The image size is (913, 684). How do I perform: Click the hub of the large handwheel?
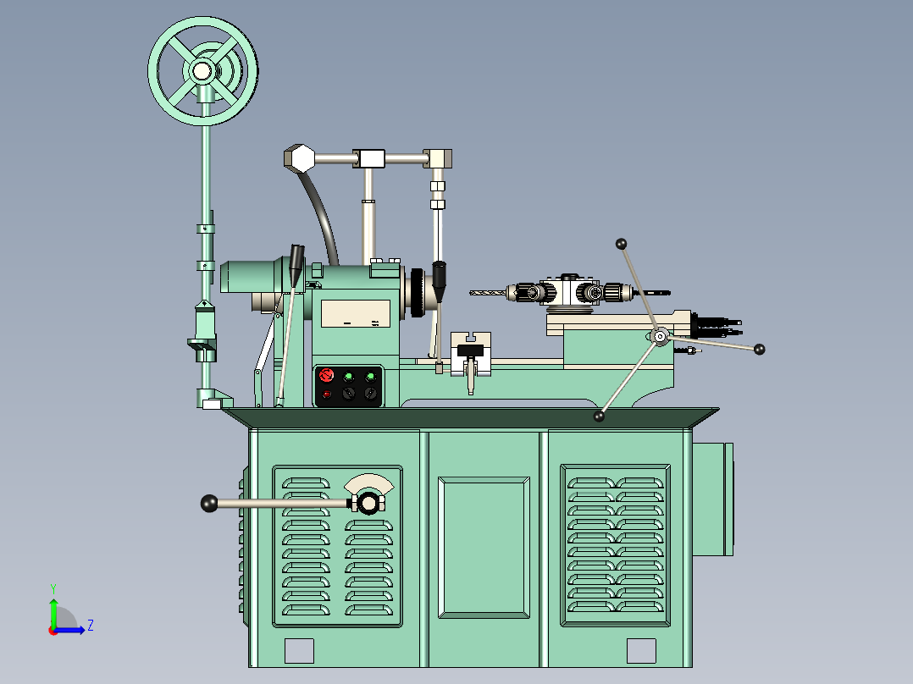point(202,71)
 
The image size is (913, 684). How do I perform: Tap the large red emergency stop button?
point(328,375)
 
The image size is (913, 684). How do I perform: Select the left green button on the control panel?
point(348,376)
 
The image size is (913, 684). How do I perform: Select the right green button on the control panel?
point(370,376)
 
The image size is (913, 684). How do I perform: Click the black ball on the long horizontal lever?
point(209,504)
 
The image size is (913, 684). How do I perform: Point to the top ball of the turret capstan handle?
point(621,244)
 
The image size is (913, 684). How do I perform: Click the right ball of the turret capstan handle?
point(759,349)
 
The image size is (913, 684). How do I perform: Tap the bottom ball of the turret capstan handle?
point(599,416)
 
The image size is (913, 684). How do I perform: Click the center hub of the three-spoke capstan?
point(660,337)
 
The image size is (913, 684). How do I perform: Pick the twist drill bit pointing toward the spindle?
point(488,293)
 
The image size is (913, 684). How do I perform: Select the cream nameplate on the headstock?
point(357,313)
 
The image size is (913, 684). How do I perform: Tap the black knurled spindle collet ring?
point(417,293)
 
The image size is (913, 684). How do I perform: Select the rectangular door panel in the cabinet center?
point(484,548)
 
